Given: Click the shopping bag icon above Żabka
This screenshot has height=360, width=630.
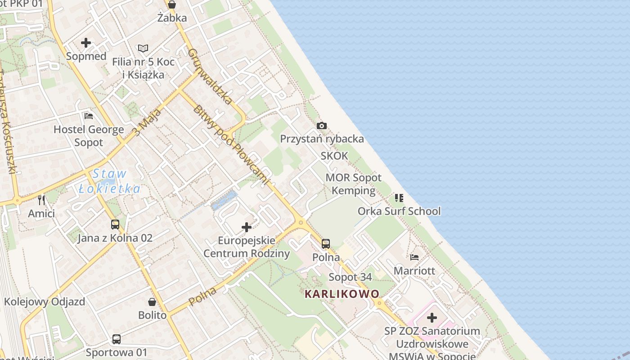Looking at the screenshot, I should click(171, 5).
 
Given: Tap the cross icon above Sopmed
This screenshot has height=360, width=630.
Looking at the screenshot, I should click(86, 43).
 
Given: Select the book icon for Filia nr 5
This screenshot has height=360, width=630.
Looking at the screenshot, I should click(143, 48).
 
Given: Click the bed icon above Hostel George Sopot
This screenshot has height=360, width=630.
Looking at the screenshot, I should click(89, 116).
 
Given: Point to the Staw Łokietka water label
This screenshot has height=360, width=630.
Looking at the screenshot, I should click(110, 181).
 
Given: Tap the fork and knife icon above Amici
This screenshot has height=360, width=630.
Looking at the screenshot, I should click(41, 200).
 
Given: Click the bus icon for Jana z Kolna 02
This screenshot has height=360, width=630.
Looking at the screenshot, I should click(115, 224).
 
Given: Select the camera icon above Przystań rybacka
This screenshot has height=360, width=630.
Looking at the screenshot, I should click(322, 126).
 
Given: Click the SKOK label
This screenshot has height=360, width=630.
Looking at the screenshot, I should click(334, 156).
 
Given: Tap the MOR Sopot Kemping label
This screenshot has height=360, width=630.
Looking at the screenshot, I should click(353, 184).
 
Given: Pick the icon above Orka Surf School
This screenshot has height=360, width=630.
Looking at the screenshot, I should click(399, 198).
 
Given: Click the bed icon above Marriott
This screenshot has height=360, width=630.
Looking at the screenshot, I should click(414, 257).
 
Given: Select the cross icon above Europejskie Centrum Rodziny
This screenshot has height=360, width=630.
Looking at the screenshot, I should click(247, 227).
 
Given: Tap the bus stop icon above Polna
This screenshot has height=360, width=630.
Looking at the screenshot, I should click(326, 244).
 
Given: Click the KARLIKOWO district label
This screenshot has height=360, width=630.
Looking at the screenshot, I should click(342, 294).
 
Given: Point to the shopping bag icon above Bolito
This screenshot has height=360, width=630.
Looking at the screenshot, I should click(152, 301).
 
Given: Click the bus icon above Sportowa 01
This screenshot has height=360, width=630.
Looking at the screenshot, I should click(117, 339).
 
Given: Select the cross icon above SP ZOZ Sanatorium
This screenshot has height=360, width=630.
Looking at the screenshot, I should click(432, 318).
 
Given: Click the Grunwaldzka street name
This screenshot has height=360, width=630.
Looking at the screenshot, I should click(210, 76).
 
